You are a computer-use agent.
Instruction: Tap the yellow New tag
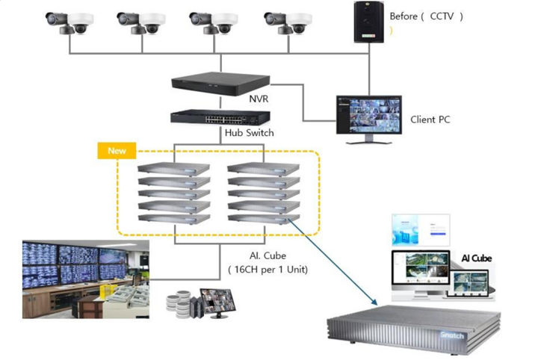point(117,150)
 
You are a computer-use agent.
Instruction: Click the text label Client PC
point(430,120)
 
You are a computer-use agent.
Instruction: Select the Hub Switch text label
point(250,133)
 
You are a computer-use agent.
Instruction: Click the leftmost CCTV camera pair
point(67,23)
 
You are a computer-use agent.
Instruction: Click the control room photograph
point(75,278)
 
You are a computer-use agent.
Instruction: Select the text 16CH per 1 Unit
point(268,270)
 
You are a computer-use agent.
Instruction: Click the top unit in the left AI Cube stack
point(173,170)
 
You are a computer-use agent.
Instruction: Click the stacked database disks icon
point(179,304)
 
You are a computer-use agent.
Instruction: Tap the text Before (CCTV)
point(426,16)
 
